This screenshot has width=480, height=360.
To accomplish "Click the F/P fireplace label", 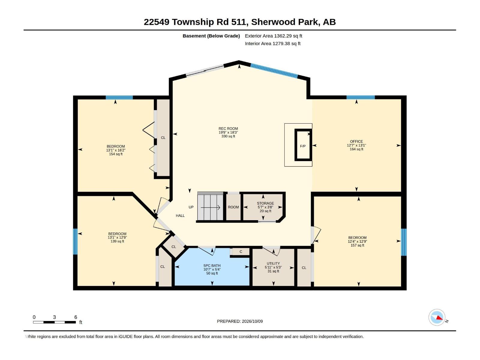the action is pyautogui.click(x=303, y=146).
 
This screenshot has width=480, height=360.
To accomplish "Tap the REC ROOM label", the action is pyautogui.click(x=228, y=128).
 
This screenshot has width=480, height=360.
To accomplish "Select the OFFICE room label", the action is pyautogui.click(x=356, y=141).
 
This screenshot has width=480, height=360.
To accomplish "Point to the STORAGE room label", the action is pyautogui.click(x=265, y=203).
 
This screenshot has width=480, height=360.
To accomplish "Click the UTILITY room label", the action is pyautogui.click(x=273, y=263).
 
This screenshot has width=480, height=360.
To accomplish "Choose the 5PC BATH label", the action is pyautogui.click(x=212, y=265).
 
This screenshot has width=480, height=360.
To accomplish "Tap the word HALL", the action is pyautogui.click(x=180, y=215).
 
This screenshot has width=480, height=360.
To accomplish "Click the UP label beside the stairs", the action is pyautogui.click(x=191, y=207).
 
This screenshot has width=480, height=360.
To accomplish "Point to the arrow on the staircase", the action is pyautogui.click(x=210, y=207).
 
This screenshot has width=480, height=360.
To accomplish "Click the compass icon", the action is pyautogui.click(x=437, y=317).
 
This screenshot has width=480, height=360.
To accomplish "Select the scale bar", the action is pyautogui.click(x=55, y=322).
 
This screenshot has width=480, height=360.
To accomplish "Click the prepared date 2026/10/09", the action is pyautogui.click(x=252, y=321).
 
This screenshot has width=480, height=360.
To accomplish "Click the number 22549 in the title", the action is pyautogui.click(x=156, y=22).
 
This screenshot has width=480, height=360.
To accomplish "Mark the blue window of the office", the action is pyautogui.click(x=361, y=97).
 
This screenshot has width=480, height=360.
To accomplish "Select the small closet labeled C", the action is pyautogui.click(x=241, y=252).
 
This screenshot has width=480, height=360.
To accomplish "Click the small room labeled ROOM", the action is pyautogui.click(x=233, y=207).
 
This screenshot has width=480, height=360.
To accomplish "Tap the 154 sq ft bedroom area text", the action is pyautogui.click(x=116, y=154).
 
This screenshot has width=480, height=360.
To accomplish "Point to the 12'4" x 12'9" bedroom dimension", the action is pyautogui.click(x=357, y=241).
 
